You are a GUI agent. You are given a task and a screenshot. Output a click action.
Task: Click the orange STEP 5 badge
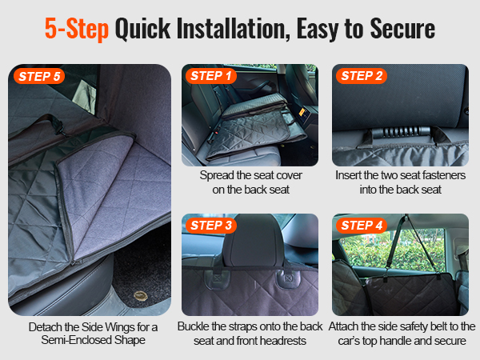pyautogui.click(x=39, y=76)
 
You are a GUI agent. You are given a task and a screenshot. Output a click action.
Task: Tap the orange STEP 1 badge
pyautogui.click(x=211, y=76)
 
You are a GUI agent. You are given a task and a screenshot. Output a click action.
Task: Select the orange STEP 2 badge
pyautogui.click(x=362, y=76)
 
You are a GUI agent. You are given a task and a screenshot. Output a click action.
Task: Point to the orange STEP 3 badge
pyautogui.click(x=211, y=226)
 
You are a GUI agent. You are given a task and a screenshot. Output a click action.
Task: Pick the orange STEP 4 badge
pyautogui.click(x=362, y=226)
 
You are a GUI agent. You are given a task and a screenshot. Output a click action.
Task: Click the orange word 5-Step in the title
pyautogui.click(x=77, y=29)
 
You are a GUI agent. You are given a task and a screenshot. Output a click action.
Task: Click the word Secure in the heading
pyautogui.click(x=402, y=29)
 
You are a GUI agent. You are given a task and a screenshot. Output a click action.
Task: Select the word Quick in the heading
pyautogui.click(x=142, y=29)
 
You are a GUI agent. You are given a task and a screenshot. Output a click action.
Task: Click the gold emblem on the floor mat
pyautogui.click(x=141, y=296)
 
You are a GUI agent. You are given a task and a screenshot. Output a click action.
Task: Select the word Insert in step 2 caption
pyautogui.click(x=348, y=175)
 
